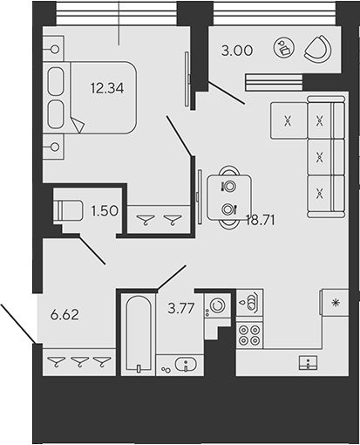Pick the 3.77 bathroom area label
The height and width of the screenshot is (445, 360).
click(x=181, y=306)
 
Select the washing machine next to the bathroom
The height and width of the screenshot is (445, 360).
click(x=216, y=306)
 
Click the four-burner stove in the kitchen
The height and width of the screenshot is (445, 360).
click(x=250, y=334)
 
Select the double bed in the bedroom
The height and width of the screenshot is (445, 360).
click(x=87, y=98)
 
